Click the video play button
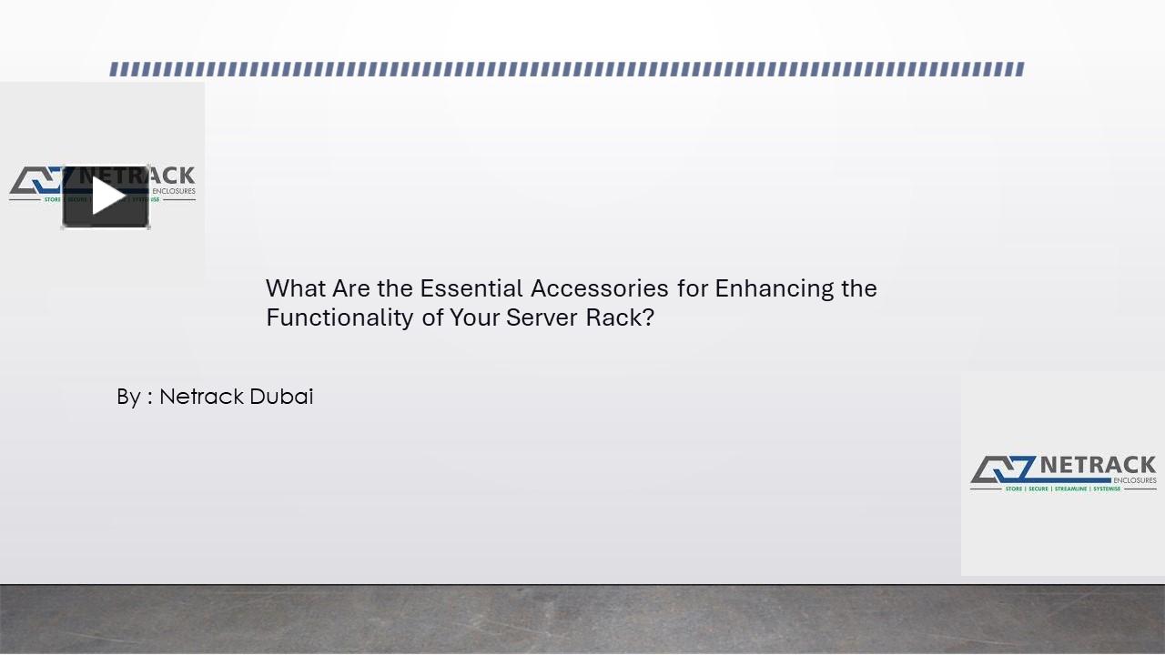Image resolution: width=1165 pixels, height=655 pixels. coord(106,196)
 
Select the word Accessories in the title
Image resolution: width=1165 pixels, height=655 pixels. coord(600,288)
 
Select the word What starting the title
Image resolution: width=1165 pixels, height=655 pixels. coord(295,288)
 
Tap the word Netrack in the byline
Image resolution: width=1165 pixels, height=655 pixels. coord(201,397)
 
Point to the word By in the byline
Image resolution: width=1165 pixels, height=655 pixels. coord(128,398)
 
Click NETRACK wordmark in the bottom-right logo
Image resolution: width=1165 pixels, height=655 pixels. coord(1098,466)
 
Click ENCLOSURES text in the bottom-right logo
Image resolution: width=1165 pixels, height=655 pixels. coord(1134,480)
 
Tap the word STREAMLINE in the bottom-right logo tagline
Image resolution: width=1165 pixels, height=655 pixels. coord(1071,489)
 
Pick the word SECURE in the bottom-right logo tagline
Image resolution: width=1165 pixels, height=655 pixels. coord(1038,489)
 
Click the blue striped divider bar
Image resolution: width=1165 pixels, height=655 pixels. coord(566,69)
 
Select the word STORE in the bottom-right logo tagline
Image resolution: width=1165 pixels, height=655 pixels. coord(1013,489)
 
